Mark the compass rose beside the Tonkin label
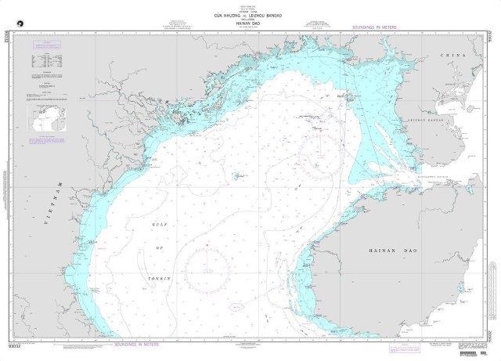206,258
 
